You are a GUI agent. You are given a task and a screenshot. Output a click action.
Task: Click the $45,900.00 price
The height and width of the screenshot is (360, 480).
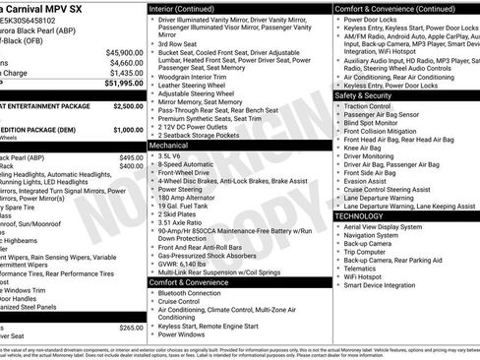click(123, 52)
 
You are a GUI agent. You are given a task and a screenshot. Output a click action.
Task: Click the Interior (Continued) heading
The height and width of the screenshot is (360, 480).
click(184, 8)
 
